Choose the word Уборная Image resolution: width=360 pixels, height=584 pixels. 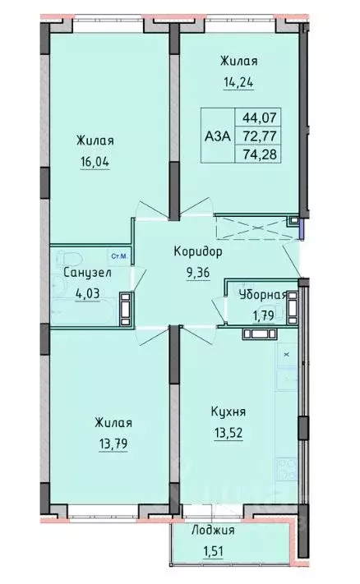tap(262, 296)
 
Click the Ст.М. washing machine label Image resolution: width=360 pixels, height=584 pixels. tap(118, 256)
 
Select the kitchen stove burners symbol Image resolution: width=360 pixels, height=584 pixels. tap(288, 469)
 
